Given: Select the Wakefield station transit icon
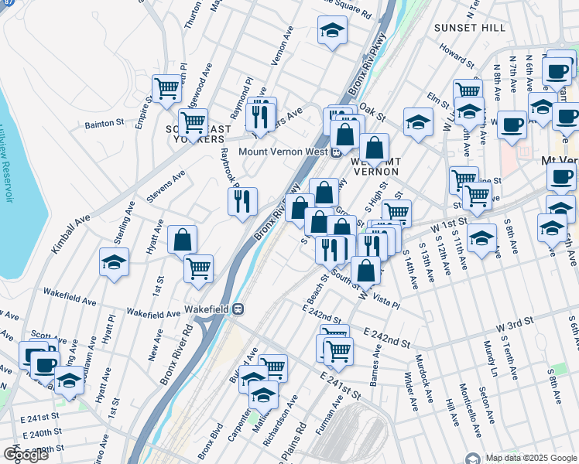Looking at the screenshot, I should point(238,309).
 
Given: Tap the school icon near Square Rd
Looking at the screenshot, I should point(332,30).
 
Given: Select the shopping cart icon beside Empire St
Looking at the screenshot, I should point(166,89).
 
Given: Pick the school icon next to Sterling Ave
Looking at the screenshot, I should point(114,262).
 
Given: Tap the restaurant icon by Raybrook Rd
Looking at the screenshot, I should point(242,201).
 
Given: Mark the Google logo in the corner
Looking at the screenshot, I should point(26,455).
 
